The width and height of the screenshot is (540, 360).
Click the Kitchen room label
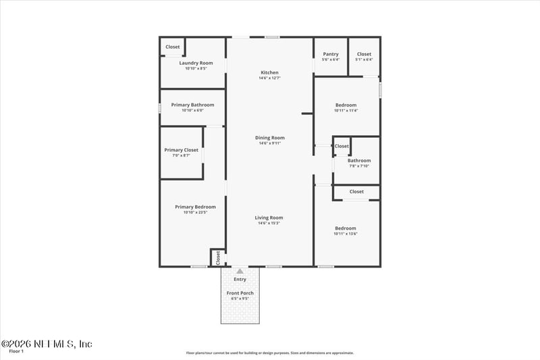269,73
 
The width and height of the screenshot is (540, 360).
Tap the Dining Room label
269,138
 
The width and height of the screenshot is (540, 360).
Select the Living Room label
269,218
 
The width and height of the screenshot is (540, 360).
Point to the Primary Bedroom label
195,207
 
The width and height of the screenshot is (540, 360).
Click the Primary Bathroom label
192,105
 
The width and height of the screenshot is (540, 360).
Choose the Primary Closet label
182,150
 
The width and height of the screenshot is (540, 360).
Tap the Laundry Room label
196,63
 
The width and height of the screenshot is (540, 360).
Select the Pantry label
331,54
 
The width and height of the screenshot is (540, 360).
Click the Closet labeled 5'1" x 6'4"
364,54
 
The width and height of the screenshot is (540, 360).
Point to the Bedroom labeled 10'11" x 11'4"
346,105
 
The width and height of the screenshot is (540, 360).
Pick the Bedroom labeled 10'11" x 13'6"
346,228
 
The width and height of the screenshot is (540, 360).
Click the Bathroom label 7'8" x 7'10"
359,161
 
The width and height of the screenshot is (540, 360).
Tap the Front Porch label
240,293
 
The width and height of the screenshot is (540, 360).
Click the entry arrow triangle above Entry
240,271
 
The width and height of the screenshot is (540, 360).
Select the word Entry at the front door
240,279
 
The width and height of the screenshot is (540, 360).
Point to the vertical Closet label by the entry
218,257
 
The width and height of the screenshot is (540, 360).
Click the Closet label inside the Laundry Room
173,47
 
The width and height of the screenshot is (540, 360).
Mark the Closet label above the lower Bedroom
356,192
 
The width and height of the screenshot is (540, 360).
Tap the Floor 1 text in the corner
16,351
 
